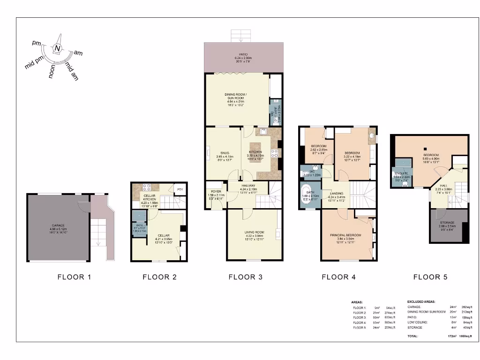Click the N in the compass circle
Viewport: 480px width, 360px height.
pos(57,48)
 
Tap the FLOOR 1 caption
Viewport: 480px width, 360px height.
pos(74,277)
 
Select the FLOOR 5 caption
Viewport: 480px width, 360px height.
pos(430,277)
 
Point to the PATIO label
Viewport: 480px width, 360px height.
pos(243,56)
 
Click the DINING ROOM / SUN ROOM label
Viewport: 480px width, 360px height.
pos(237,98)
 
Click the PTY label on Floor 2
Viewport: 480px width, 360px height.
pos(180,189)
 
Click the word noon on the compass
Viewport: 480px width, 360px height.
pos(52,71)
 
